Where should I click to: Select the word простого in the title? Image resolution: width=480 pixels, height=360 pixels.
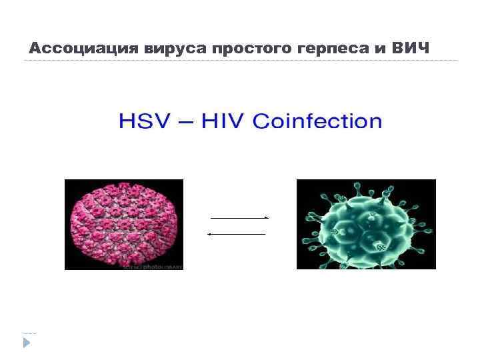coord(244,49)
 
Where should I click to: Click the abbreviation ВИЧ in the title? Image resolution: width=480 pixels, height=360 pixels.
coord(411,49)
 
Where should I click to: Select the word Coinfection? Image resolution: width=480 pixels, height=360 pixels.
coord(317,121)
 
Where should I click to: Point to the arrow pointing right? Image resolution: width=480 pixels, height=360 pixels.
coord(239,218)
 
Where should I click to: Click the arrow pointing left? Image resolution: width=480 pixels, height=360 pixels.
coord(236,234)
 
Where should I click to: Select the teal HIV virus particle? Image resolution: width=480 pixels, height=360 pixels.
coord(365,224)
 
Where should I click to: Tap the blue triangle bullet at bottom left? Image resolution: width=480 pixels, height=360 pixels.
coord(27,343)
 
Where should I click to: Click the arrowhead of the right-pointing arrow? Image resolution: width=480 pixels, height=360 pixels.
coord(267,218)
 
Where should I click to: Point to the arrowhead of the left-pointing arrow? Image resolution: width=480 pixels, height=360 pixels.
coord(209,234)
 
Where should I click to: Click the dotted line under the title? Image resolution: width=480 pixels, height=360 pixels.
coord(240,61)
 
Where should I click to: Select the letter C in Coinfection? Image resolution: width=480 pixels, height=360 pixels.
coord(262,121)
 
